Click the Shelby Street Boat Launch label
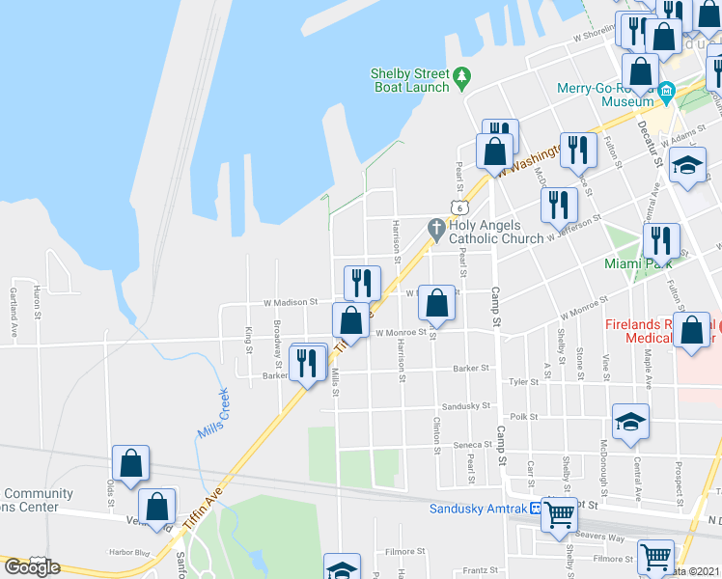[x=411, y=81]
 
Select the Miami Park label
[x=637, y=263]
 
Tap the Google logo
[x=32, y=567]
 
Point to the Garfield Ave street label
[x=14, y=302]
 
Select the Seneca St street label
[x=473, y=445]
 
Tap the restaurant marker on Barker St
[x=308, y=363]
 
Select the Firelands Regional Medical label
[x=658, y=332]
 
